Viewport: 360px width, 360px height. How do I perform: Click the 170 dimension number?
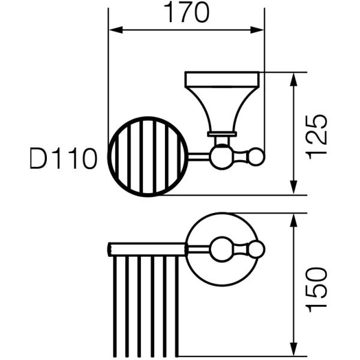tap(187, 13)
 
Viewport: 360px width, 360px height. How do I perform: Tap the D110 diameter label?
tap(64, 158)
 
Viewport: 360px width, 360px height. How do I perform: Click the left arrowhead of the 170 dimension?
tap(115, 30)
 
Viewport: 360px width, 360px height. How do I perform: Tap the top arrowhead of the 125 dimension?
tap(293, 79)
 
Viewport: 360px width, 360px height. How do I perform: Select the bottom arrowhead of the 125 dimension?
tap(293, 188)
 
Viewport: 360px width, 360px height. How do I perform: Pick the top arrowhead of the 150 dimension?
tap(293, 220)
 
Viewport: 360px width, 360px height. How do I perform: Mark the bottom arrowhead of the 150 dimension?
tap(293, 349)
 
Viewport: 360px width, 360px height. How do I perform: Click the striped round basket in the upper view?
tap(148, 157)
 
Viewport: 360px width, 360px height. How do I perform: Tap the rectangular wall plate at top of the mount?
tap(222, 79)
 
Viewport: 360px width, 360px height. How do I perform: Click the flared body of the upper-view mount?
tap(222, 110)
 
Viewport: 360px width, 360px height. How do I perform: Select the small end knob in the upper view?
tap(256, 157)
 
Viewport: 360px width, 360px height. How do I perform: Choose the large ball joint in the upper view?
tap(222, 157)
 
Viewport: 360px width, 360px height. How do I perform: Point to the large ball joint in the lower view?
tap(222, 249)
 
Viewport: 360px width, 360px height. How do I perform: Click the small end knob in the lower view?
tap(256, 249)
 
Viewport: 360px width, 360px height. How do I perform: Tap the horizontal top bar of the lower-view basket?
tap(148, 249)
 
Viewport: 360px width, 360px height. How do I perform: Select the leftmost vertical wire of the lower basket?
tap(115, 306)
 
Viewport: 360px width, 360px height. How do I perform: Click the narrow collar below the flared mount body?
tap(222, 134)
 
